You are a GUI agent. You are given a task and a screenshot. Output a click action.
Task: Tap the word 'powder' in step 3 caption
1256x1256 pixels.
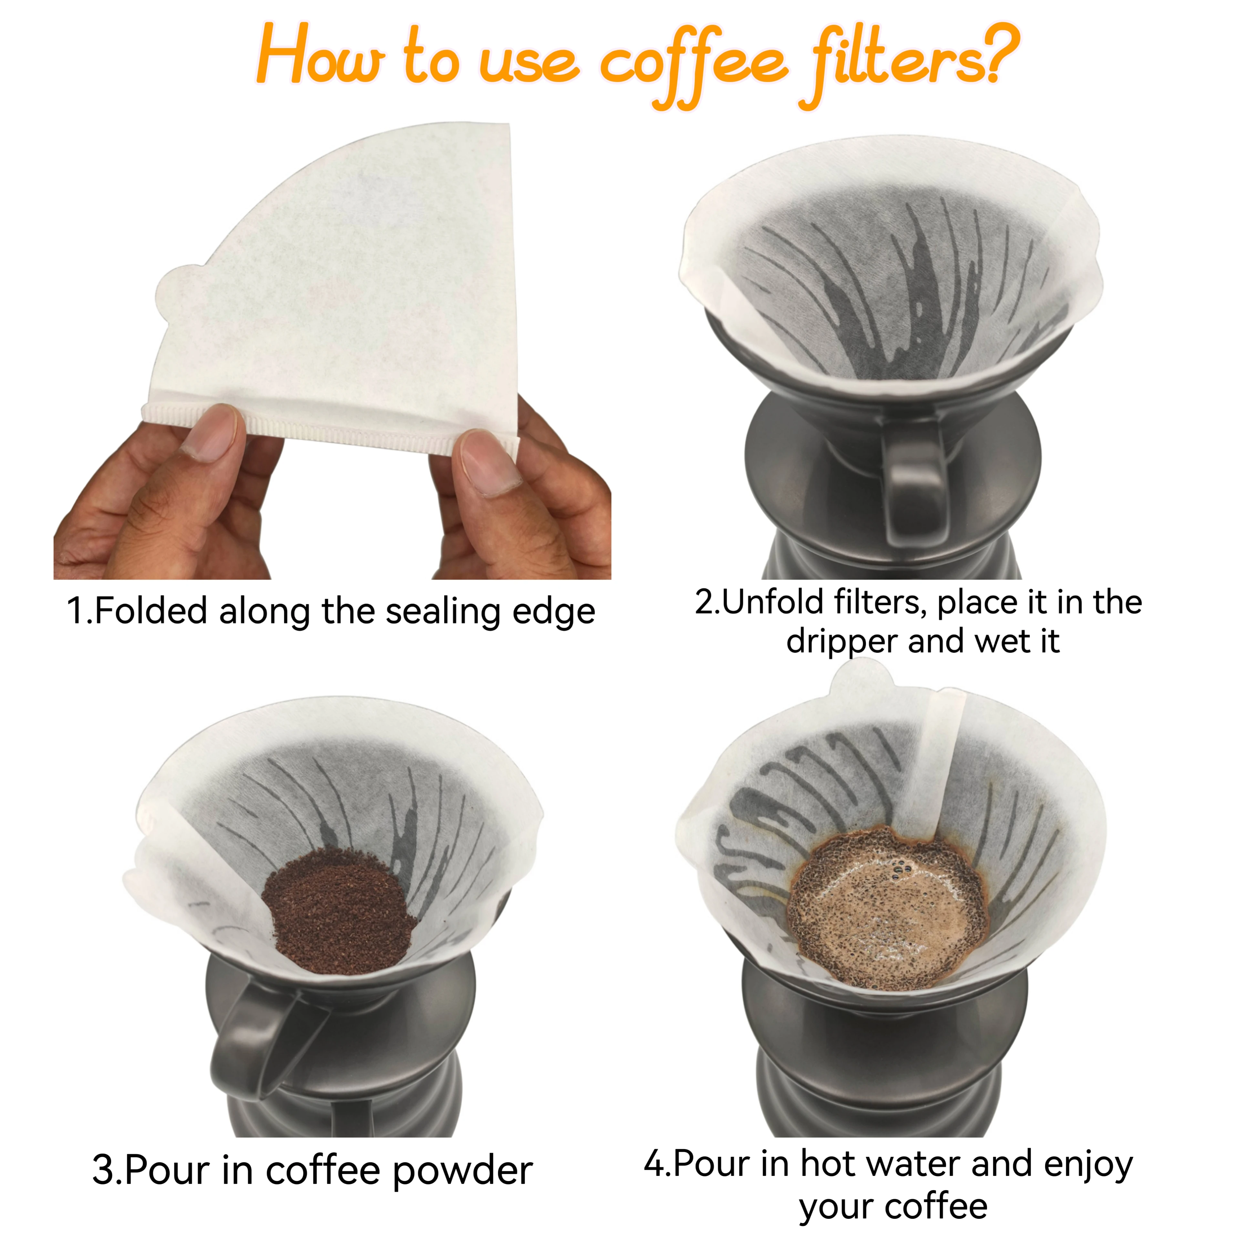(463, 1171)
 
